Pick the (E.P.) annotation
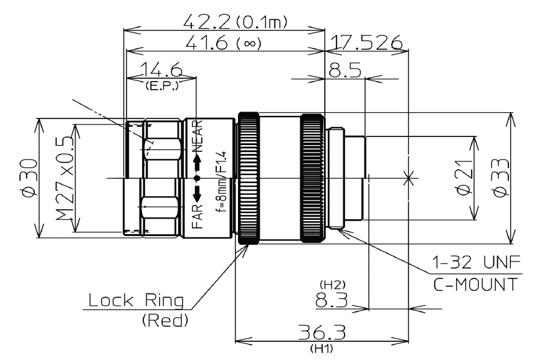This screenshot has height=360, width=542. [161, 86]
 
